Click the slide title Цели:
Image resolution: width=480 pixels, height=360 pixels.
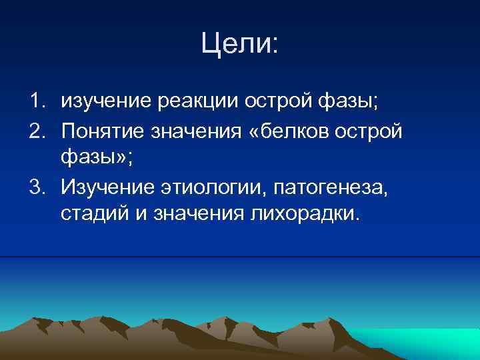pyautogui.click(x=241, y=46)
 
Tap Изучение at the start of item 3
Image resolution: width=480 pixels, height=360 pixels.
pyautogui.click(x=105, y=186)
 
